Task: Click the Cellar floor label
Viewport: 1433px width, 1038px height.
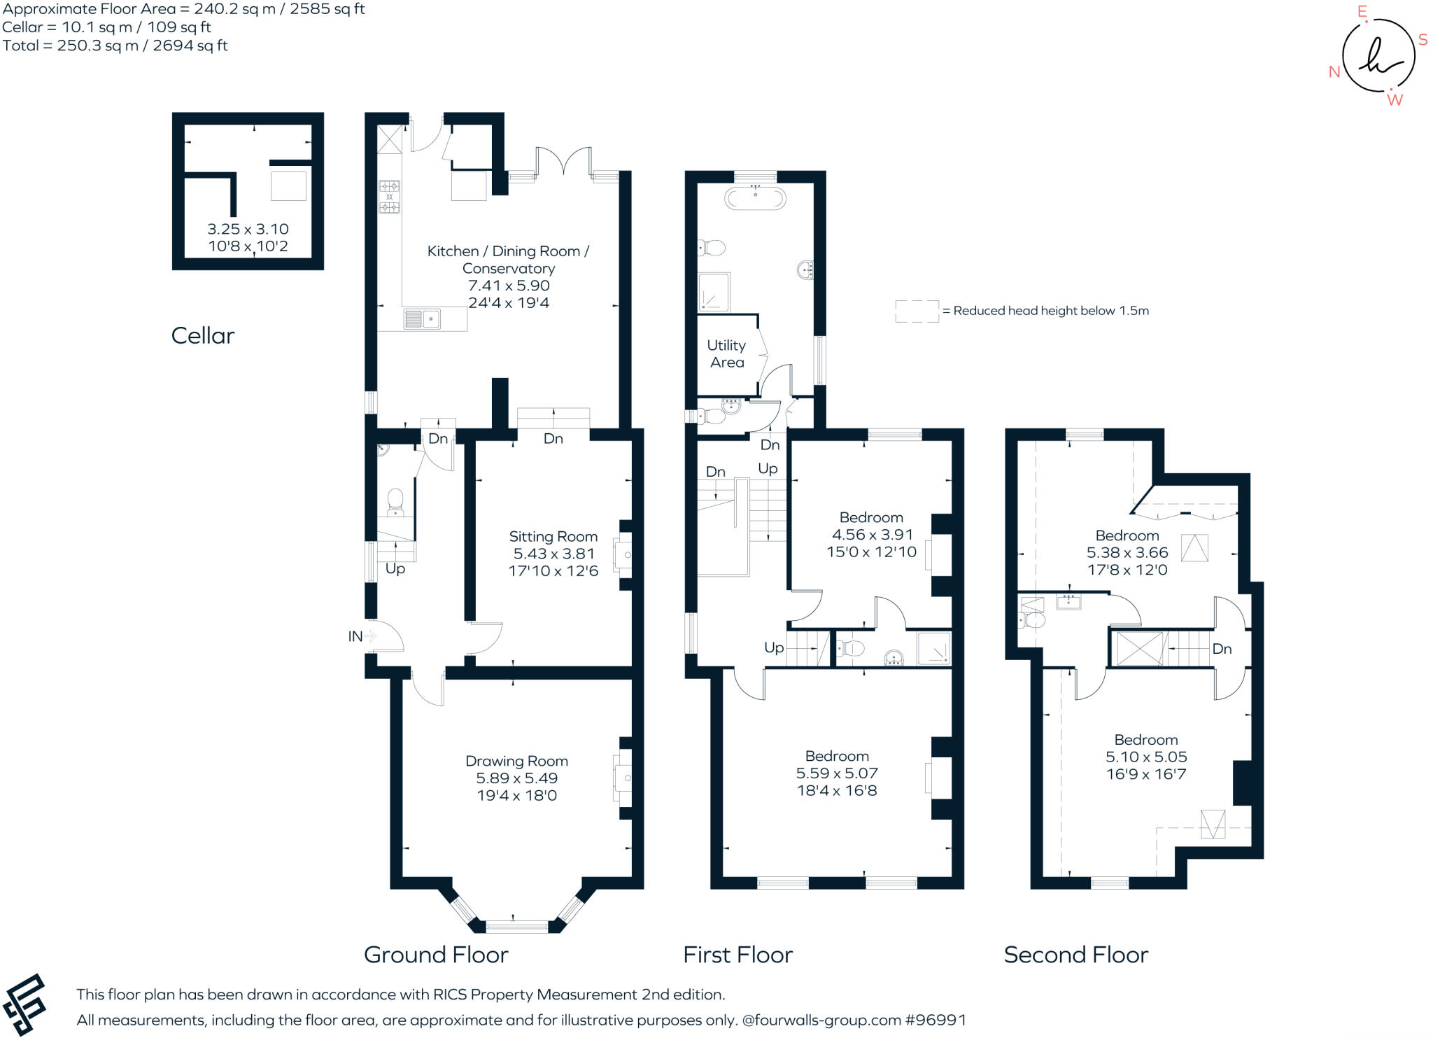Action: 202,335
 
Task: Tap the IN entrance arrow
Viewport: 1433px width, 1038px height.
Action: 370,636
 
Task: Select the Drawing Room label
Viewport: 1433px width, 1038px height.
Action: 516,761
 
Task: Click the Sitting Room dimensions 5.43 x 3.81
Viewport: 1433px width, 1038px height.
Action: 553,554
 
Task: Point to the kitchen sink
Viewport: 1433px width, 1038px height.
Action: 422,319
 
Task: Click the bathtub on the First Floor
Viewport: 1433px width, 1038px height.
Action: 755,198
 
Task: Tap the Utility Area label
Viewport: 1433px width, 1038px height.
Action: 726,353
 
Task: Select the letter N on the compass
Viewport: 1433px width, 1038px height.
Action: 1334,72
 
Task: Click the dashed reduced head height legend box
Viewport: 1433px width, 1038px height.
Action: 917,311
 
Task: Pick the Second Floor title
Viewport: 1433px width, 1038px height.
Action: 1075,955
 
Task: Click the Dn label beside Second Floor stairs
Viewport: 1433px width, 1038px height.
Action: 1222,649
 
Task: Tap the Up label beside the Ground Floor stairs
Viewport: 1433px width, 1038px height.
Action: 395,569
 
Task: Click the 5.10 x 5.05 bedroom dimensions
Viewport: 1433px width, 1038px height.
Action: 1145,757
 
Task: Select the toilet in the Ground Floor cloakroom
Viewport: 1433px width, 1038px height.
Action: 395,501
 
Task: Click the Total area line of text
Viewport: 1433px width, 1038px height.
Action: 115,45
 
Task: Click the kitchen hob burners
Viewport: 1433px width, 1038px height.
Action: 389,197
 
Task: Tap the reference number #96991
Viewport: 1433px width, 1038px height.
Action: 936,1020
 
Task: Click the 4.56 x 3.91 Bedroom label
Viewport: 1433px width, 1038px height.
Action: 871,534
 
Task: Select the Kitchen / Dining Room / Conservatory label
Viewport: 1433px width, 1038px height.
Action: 508,260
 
